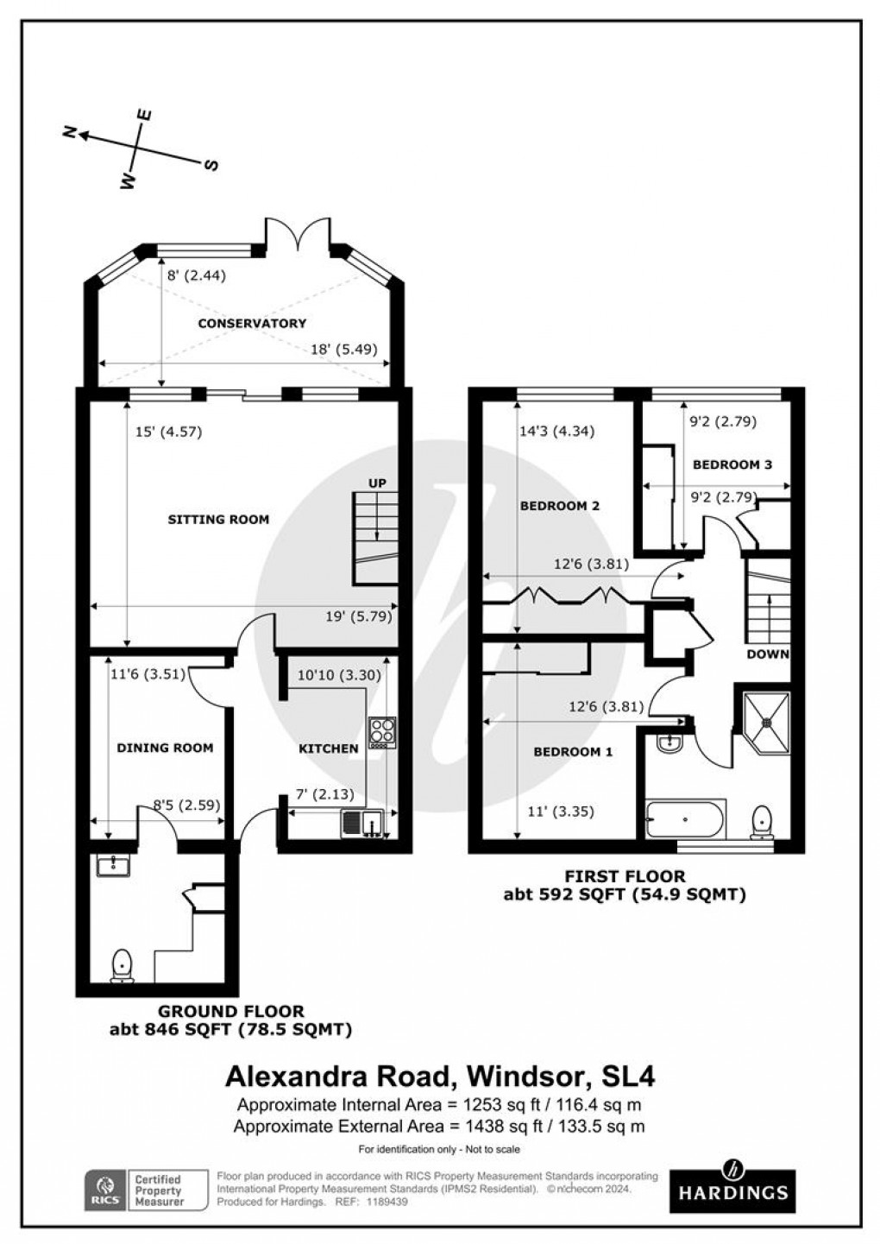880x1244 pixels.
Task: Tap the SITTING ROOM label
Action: coord(218,520)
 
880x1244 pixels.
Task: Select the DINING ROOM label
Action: coord(165,748)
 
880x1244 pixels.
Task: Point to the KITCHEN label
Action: coord(328,748)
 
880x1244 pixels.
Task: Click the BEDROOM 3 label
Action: coord(732,464)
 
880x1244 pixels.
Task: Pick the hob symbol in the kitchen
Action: coord(381,733)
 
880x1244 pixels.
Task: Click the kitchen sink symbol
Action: coord(363,824)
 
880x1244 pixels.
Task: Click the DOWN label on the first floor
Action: coord(768,654)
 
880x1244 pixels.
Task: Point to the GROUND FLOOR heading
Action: coord(230,1011)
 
